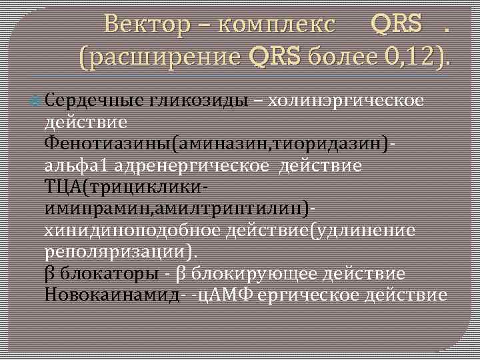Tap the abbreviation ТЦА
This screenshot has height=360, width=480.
point(62,187)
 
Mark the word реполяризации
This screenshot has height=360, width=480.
point(115,252)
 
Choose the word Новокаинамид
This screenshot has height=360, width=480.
point(111,295)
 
